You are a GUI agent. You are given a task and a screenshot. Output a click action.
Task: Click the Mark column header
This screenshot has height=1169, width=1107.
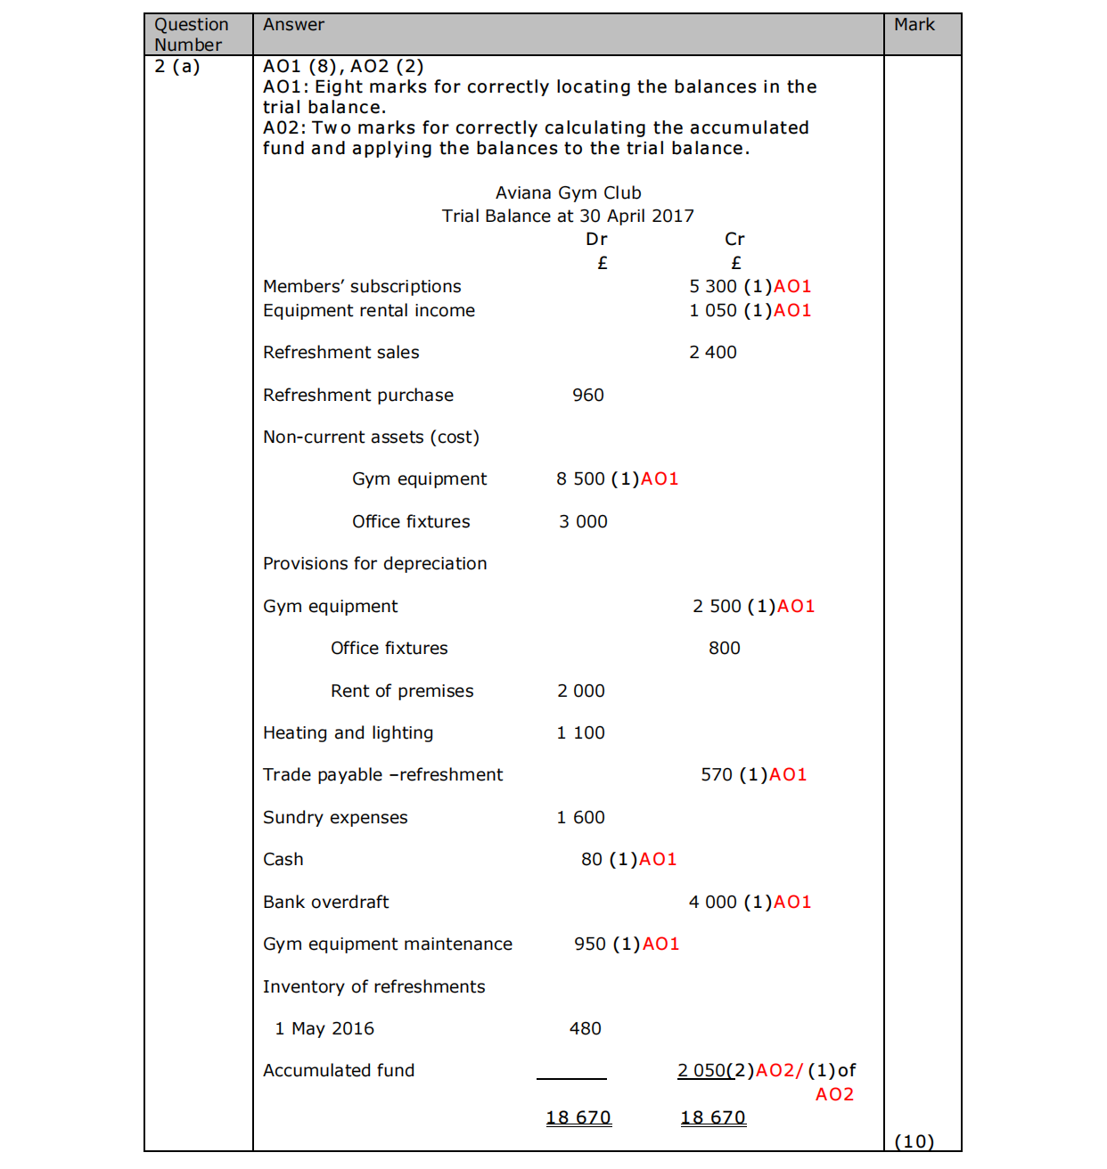click(914, 25)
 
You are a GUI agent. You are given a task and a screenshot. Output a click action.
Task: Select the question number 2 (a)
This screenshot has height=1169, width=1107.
click(177, 67)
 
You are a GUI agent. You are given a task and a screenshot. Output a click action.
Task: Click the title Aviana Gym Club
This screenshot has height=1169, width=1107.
click(568, 193)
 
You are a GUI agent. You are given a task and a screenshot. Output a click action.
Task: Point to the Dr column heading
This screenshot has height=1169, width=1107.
click(596, 240)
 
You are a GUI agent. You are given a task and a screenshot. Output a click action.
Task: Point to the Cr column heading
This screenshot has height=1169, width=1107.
click(734, 240)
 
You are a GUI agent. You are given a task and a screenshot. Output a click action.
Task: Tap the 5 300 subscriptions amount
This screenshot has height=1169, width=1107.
click(712, 287)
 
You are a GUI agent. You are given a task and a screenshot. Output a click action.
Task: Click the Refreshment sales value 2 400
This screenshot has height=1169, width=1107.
click(712, 353)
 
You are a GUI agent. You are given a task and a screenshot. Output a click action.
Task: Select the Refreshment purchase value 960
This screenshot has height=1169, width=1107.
click(587, 396)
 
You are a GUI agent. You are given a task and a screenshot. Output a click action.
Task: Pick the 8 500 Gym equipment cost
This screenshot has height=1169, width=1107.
click(580, 479)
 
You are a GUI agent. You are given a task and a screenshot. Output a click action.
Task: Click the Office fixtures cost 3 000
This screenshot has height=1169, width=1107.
click(583, 522)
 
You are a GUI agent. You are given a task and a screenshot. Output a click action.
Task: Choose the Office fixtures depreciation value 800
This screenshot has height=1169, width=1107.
click(724, 649)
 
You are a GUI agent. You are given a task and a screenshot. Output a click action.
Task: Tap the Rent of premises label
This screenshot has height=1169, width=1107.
click(402, 691)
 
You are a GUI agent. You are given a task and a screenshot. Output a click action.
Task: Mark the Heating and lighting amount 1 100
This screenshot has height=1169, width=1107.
click(580, 733)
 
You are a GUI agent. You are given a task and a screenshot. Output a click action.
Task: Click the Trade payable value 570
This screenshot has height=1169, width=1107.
click(716, 775)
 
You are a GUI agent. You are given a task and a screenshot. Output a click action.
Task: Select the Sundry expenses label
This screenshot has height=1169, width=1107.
click(335, 818)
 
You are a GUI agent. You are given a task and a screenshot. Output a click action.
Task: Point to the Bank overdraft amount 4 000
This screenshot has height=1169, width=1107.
click(712, 903)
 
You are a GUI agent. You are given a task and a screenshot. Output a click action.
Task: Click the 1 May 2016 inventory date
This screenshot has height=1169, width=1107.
click(324, 1029)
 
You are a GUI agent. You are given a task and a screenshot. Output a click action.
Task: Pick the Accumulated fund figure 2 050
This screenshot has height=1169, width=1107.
click(701, 1071)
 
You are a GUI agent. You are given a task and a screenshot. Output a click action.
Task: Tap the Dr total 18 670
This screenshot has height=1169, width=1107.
click(578, 1118)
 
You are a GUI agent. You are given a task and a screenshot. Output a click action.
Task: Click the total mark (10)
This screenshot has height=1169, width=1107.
click(914, 1141)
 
